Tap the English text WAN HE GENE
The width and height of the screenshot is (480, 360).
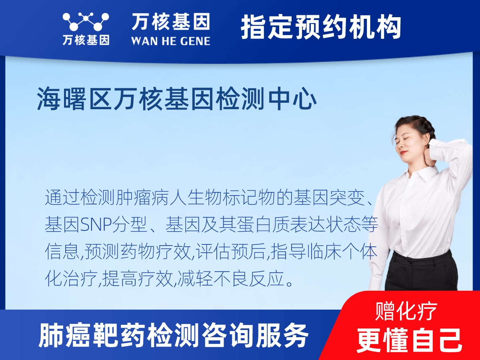(x=170, y=41)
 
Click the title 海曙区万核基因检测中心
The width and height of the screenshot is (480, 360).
(x=177, y=100)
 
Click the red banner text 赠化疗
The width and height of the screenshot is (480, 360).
(x=406, y=311)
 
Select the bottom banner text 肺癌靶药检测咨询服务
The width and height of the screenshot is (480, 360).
(x=174, y=336)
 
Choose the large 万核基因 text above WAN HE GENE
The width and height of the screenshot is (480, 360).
(x=170, y=22)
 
